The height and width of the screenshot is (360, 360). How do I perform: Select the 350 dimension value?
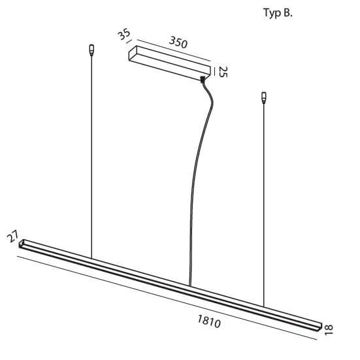[x=178, y=43]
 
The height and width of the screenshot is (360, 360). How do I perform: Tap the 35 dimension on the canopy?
[x=125, y=35]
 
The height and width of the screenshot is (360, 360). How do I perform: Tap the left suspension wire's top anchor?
[x=91, y=49]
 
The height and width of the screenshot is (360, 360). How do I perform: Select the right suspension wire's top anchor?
[x=264, y=98]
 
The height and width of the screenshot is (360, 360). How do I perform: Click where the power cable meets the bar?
[x=189, y=286]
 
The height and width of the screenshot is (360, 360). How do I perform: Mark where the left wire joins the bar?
[x=91, y=257]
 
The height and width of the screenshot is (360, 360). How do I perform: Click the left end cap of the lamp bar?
[x=23, y=244]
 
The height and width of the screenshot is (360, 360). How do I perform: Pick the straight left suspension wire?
[x=91, y=157]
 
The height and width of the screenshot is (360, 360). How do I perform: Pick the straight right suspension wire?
[x=264, y=203]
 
